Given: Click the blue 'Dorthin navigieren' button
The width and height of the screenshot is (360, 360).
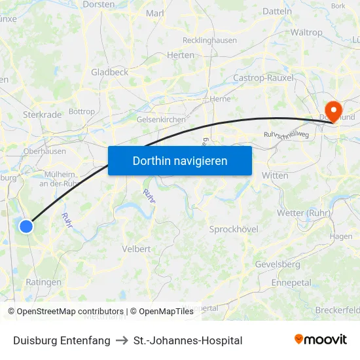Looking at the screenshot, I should click(180, 160).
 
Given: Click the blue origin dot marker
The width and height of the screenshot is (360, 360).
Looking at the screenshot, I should click(26, 226).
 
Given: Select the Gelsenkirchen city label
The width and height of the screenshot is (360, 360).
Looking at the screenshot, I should click(161, 120).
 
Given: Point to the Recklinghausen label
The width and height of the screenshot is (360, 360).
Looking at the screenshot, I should click(209, 41).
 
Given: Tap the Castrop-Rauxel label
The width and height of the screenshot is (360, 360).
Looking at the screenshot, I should click(263, 78).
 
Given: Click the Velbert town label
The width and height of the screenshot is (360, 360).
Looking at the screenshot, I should click(136, 249).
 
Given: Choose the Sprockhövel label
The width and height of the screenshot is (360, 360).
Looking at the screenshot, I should click(234, 229).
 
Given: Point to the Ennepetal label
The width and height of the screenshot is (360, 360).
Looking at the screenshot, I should click(291, 283).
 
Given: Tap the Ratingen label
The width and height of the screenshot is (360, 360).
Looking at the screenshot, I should click(43, 283).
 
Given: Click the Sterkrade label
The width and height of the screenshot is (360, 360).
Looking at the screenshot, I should click(42, 115).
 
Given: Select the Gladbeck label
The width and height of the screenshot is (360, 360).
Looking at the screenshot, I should click(110, 72).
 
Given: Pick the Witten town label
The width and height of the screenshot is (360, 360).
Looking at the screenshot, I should click(274, 175).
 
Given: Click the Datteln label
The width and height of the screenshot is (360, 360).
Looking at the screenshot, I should click(277, 11).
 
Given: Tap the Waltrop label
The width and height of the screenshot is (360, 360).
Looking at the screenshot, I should click(306, 32).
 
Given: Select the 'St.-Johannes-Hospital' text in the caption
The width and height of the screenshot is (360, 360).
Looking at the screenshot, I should click(188, 340).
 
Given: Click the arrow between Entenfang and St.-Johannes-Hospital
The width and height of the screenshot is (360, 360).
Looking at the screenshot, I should click(122, 340).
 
